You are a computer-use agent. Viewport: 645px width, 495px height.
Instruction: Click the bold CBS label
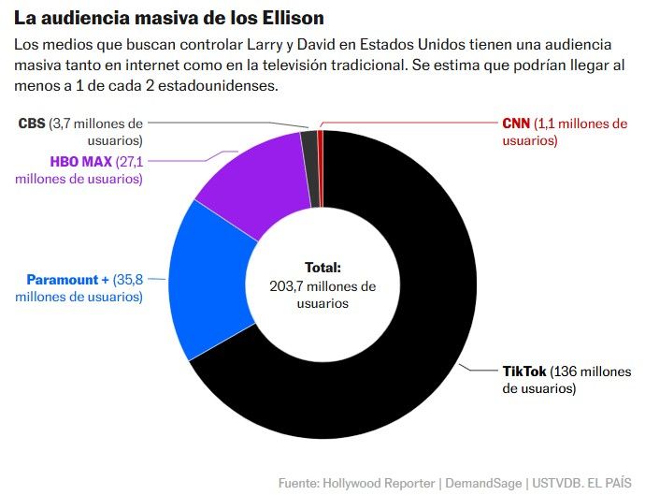point(32,124)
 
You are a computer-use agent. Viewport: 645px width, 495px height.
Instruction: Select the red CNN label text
point(515,124)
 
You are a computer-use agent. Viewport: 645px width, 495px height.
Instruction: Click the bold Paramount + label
point(67,280)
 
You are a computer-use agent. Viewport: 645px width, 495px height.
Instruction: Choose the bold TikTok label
point(524,371)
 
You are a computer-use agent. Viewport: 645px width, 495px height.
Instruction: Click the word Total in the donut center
point(322,267)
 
